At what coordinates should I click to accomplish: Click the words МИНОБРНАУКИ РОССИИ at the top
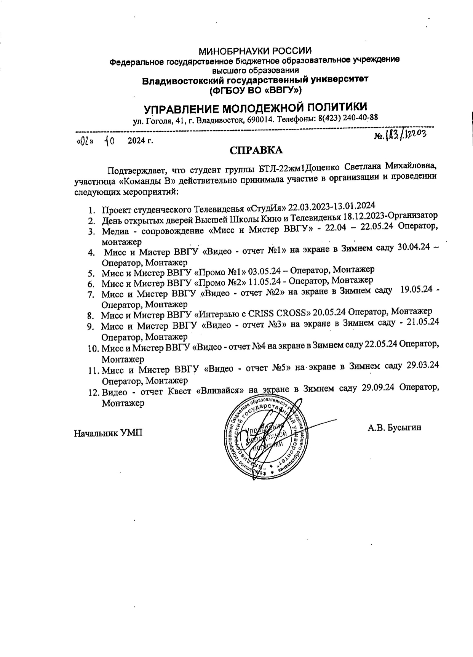pos(256,51)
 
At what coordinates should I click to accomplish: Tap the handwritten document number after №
pos(406,134)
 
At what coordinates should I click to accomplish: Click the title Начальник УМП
pos(108,433)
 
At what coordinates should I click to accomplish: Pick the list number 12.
pos(94,393)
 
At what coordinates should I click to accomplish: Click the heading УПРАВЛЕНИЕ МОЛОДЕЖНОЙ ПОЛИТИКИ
pos(256,108)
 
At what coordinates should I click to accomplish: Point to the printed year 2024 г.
pos(140,141)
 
